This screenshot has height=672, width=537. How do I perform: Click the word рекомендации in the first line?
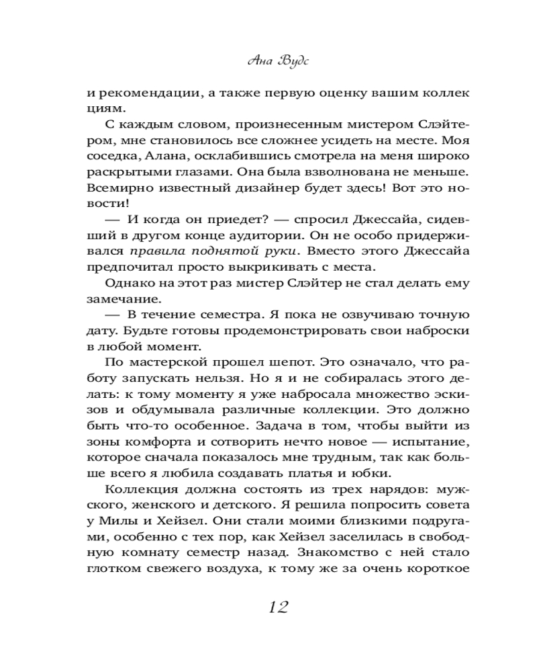tap(146, 93)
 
